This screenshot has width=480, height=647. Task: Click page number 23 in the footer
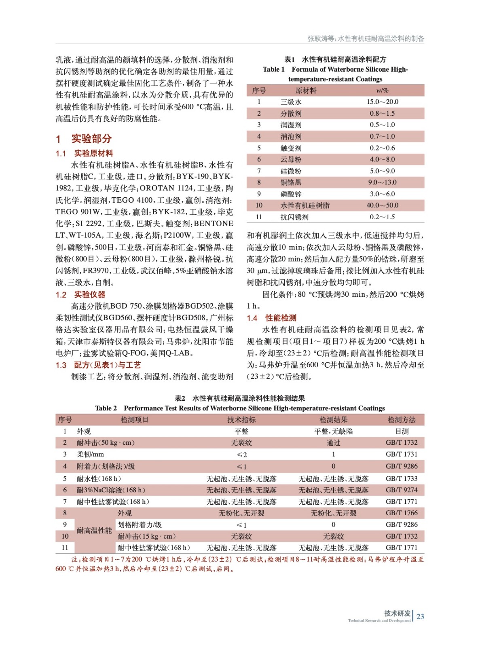click(420, 616)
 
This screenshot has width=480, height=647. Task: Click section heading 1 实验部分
click(84, 139)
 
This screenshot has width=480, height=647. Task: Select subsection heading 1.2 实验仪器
click(80, 294)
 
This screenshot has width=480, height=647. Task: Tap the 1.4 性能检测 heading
click(271, 318)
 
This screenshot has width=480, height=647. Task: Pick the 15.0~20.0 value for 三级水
click(382, 102)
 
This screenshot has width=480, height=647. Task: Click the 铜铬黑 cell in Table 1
click(291, 182)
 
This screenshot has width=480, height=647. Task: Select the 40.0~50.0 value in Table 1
click(382, 205)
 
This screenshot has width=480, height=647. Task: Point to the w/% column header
click(382, 91)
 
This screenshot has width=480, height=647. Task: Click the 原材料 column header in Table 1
click(306, 91)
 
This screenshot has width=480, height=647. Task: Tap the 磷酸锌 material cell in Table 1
click(291, 194)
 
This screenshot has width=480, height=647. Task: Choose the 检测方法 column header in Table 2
click(402, 420)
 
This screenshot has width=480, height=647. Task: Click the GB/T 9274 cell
click(402, 490)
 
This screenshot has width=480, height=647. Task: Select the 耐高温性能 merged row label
click(94, 531)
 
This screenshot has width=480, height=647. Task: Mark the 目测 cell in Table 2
click(402, 431)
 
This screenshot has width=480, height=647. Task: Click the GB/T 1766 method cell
click(402, 513)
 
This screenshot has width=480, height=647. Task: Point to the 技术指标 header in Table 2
click(241, 420)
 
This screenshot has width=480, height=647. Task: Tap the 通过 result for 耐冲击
click(333, 443)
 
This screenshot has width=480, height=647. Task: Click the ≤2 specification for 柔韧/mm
click(241, 455)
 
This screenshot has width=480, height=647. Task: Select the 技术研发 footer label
click(397, 613)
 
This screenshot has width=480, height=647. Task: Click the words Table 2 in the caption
click(106, 408)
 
